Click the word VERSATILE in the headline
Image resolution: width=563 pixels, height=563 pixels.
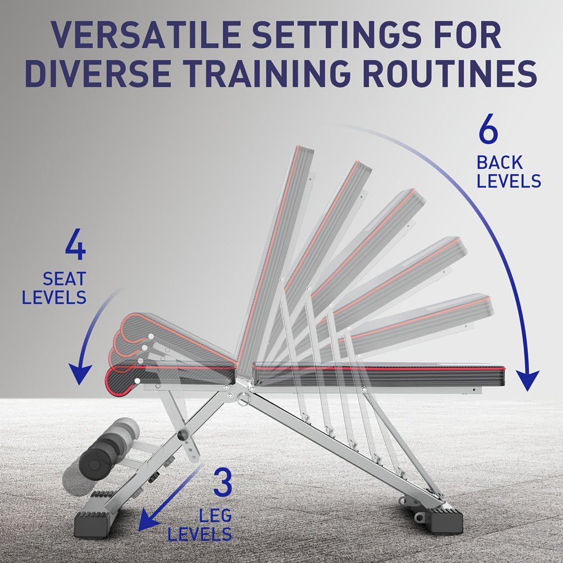click(145, 35)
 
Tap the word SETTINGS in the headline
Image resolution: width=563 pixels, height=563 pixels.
click(336, 35)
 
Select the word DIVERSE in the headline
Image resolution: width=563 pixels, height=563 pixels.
click(98, 74)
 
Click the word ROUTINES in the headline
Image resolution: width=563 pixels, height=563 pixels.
click(450, 74)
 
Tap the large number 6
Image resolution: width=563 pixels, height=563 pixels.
click(488, 129)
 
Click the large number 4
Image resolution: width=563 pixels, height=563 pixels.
click(75, 244)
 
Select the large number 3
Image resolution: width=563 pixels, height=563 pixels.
click(223, 482)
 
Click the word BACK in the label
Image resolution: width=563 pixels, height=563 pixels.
click(499, 163)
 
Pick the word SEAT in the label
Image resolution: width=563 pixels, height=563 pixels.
click(65, 279)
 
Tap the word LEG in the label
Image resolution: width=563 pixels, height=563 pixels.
click(216, 516)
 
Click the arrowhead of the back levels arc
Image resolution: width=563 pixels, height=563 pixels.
click(527, 380)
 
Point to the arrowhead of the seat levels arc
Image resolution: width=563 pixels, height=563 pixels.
click(80, 374)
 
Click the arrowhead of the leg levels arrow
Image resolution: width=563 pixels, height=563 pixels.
click(148, 520)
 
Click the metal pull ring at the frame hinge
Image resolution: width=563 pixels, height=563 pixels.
click(242, 399)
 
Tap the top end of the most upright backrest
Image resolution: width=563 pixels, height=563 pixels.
click(305, 148)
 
